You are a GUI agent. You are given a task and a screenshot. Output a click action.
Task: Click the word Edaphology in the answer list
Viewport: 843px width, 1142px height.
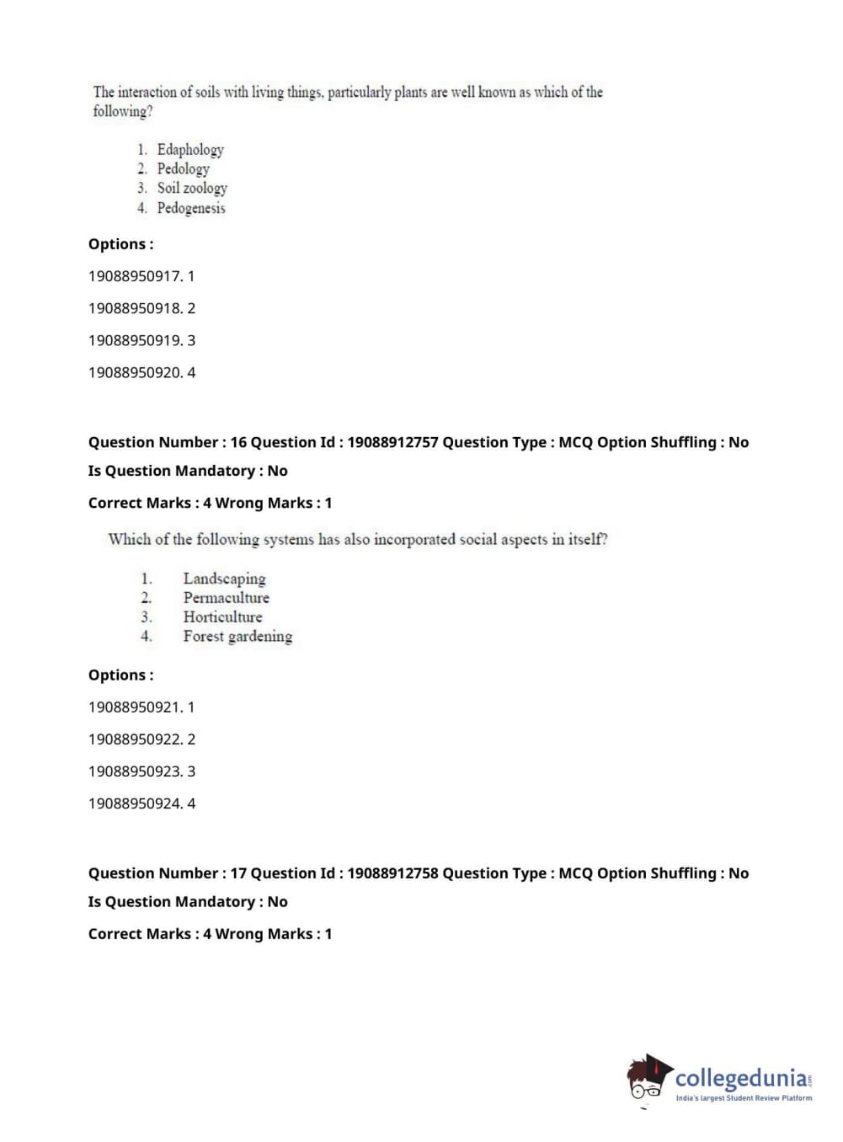click(190, 150)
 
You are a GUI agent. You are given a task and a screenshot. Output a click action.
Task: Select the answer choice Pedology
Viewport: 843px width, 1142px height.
click(183, 169)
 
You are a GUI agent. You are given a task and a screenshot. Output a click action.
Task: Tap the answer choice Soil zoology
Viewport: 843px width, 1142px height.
click(192, 189)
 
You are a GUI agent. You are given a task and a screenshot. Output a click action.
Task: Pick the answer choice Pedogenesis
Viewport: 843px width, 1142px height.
click(191, 208)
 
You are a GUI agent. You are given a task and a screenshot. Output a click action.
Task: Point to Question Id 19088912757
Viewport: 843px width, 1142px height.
click(392, 442)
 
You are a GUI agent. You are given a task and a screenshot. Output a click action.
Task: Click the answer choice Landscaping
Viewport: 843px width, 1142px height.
click(224, 579)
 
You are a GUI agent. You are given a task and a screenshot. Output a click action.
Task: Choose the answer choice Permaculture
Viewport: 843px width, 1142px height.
click(226, 598)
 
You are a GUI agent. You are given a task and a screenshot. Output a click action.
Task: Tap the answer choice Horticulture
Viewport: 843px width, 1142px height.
click(222, 617)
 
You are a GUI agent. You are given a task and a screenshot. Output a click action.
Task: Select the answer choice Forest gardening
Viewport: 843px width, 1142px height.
click(237, 637)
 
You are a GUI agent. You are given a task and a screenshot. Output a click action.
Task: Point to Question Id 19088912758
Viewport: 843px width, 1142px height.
click(392, 873)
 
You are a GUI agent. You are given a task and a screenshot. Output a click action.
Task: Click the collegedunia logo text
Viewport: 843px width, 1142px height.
click(741, 1078)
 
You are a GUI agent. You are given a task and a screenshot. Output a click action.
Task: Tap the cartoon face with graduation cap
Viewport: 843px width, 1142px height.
click(648, 1078)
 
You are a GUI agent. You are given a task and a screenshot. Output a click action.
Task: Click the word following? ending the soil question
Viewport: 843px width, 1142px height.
click(123, 111)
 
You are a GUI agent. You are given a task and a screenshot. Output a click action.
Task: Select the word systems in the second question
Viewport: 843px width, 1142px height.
click(288, 540)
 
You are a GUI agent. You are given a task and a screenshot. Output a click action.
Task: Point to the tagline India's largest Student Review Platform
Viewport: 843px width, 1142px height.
click(744, 1098)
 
